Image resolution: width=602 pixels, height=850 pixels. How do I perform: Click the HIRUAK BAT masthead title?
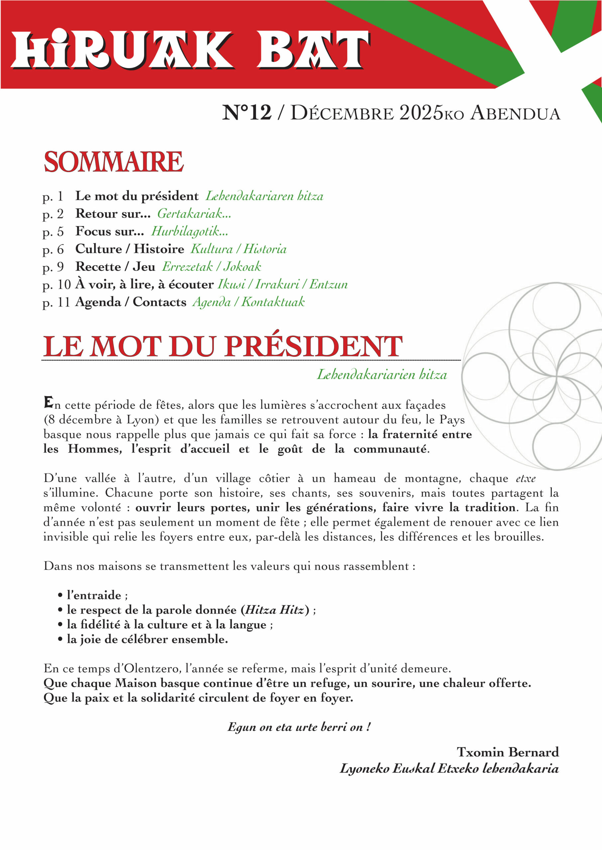click(x=191, y=50)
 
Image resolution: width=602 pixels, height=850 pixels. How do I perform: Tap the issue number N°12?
click(x=247, y=113)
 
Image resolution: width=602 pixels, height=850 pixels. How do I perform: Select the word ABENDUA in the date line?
click(x=515, y=113)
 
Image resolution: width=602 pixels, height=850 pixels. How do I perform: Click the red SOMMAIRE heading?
click(x=113, y=162)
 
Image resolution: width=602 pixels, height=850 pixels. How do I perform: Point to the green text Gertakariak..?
click(x=194, y=213)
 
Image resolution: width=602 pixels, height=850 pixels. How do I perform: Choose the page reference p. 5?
click(x=53, y=232)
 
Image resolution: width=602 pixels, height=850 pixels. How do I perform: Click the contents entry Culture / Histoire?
click(x=130, y=249)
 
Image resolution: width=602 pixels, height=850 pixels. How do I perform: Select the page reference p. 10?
click(x=57, y=285)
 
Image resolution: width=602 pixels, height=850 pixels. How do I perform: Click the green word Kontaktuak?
click(x=273, y=302)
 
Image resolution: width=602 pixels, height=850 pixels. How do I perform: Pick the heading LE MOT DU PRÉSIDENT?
click(x=222, y=347)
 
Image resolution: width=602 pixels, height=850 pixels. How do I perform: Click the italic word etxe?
click(x=526, y=479)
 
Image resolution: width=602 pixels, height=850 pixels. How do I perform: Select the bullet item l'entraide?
click(x=94, y=595)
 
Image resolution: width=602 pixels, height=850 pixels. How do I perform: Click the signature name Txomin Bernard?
click(x=508, y=752)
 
